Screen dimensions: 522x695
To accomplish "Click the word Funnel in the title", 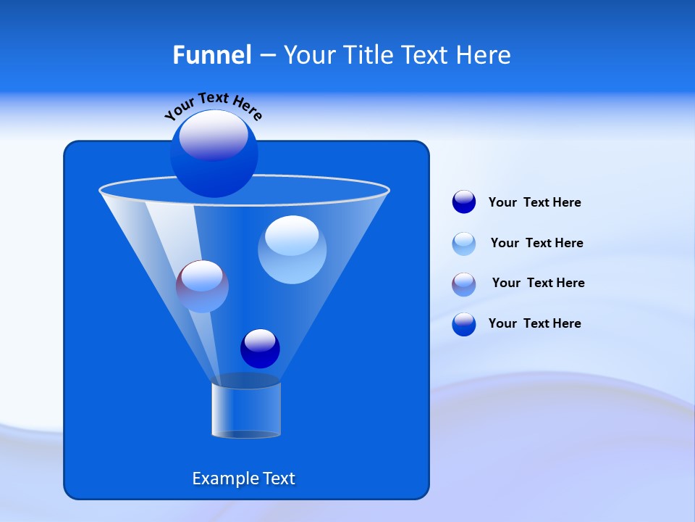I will point(211,55).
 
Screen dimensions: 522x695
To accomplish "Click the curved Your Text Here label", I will point(213,105).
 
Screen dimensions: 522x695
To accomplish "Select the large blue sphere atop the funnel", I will point(214,154).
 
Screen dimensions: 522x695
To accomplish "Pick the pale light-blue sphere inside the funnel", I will point(292,249).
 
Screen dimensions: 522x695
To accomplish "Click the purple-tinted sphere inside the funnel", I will point(202,286).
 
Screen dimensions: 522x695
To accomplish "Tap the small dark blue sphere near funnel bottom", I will point(260,349).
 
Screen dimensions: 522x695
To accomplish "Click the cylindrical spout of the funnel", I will point(245,410).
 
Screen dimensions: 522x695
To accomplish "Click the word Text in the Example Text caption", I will point(278,478).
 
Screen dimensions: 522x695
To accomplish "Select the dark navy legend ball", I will point(463,202).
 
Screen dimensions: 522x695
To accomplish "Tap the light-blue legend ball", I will point(463,244).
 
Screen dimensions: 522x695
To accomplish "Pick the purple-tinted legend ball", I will point(463,284).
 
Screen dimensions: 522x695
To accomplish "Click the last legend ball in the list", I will point(463,324).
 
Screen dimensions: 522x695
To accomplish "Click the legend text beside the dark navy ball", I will point(534,203).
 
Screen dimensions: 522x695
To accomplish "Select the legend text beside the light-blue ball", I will point(536,243).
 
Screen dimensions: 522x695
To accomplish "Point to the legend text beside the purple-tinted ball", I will point(538,283).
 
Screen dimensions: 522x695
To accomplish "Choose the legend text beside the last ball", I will point(534,323).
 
